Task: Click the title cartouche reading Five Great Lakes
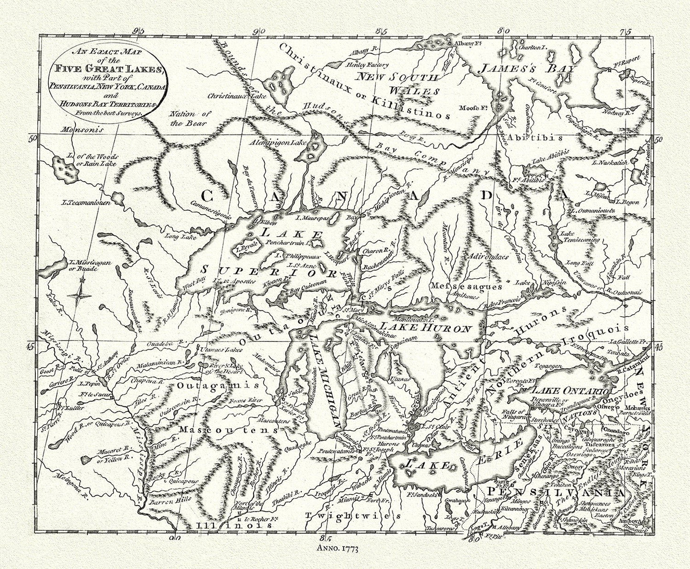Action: pos(106,80)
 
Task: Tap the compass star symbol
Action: pos(80,296)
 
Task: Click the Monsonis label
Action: pos(81,129)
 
